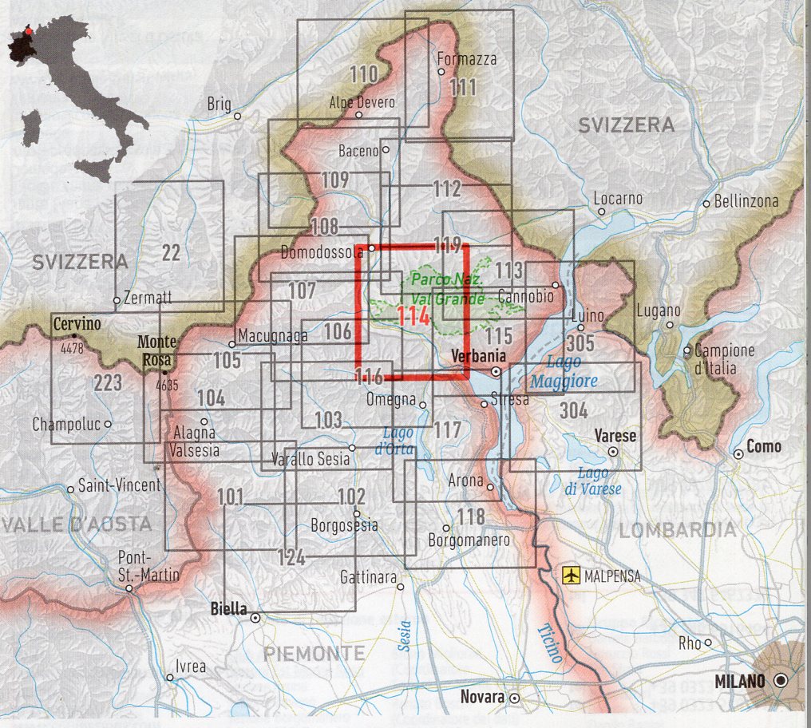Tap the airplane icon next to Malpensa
pyautogui.click(x=571, y=576)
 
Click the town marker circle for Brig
pyautogui.click(x=237, y=117)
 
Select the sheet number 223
pyautogui.click(x=108, y=382)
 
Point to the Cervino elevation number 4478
pyautogui.click(x=70, y=348)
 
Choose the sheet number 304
pyautogui.click(x=574, y=410)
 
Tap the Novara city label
pyautogui.click(x=483, y=697)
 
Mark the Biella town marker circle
pyautogui.click(x=255, y=617)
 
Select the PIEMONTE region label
pyautogui.click(x=314, y=654)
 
